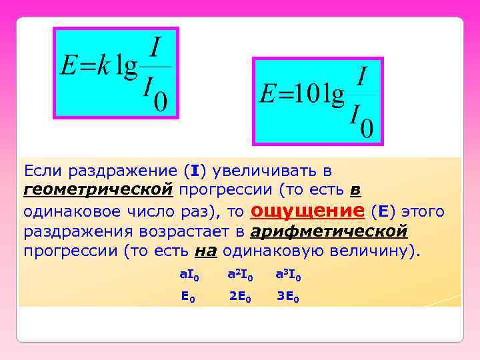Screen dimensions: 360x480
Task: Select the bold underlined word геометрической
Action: click(x=99, y=190)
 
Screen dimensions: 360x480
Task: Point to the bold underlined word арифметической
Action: click(x=329, y=231)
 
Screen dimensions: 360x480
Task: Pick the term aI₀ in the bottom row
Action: click(x=189, y=274)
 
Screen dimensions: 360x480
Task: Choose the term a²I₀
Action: click(x=240, y=274)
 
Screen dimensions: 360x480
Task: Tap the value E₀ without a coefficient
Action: click(x=189, y=297)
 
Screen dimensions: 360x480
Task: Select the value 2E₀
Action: click(x=240, y=297)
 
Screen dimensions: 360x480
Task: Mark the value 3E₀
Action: click(x=288, y=297)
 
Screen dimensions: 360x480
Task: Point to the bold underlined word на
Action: click(x=205, y=251)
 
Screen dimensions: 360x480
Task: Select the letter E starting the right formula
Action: click(x=267, y=95)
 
